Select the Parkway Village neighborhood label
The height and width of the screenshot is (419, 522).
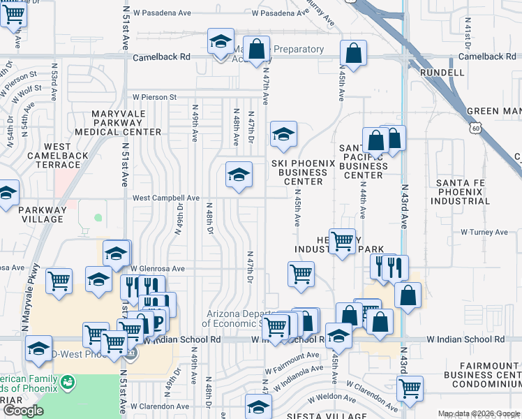coord(41,214)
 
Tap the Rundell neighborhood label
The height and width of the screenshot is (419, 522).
coord(442,72)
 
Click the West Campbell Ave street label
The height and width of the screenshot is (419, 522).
coord(166,198)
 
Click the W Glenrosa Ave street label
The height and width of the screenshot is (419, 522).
coord(157,268)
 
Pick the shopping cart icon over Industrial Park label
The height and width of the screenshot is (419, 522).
coord(341,242)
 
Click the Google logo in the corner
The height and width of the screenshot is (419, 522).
coord(22,411)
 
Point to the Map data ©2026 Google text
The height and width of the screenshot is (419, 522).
coord(477,413)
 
